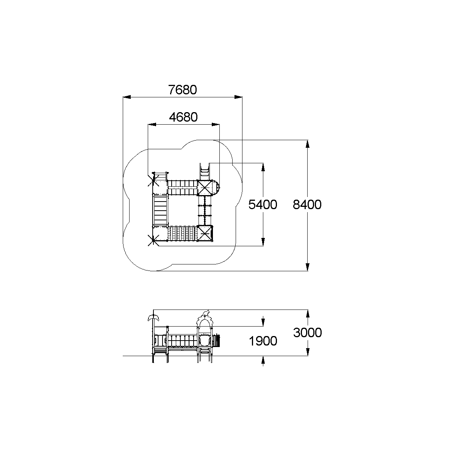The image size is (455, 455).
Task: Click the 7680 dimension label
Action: pyautogui.click(x=182, y=90)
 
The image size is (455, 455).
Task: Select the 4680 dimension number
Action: pyautogui.click(x=183, y=117)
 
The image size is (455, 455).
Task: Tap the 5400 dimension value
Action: pyautogui.click(x=263, y=205)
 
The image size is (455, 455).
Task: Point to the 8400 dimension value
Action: pyautogui.click(x=307, y=205)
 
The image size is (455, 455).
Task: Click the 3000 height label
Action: pyautogui.click(x=307, y=333)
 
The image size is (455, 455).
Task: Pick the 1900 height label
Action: pyautogui.click(x=263, y=341)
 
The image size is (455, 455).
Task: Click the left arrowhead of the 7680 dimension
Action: pyautogui.click(x=127, y=97)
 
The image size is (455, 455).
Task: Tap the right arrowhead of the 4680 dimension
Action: pyautogui.click(x=216, y=124)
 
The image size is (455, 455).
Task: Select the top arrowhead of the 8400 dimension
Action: pyautogui.click(x=307, y=144)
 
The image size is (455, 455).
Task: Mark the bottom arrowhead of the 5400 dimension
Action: pyautogui.click(x=263, y=242)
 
